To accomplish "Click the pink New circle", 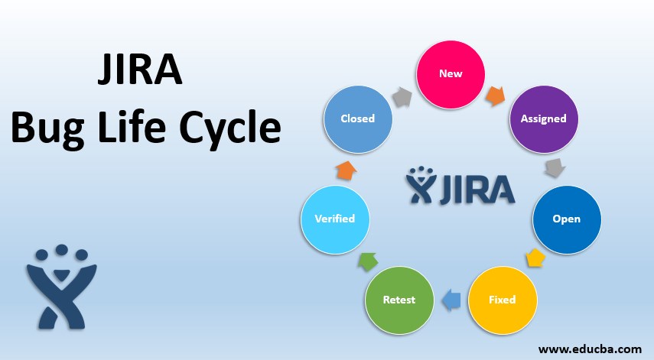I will [451, 73].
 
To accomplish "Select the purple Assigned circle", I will [543, 118].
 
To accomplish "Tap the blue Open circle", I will [566, 219].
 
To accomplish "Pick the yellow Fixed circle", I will [502, 299].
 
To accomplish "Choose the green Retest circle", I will [399, 299].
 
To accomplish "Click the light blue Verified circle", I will [334, 219].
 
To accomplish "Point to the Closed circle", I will [358, 118].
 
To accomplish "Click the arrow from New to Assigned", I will [496, 96].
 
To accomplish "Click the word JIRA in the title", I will [141, 72].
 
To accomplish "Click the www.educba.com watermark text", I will [589, 349].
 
